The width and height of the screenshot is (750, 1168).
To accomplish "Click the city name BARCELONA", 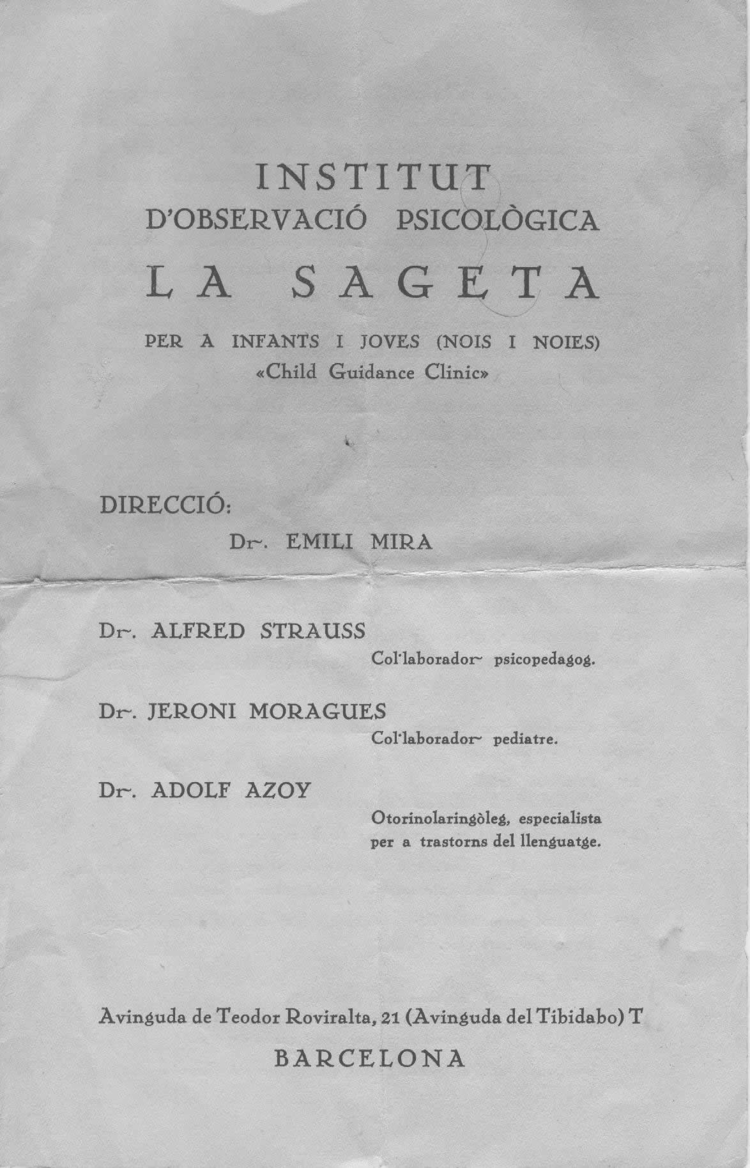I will (370, 1058).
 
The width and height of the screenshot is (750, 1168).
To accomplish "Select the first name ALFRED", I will (197, 631).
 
